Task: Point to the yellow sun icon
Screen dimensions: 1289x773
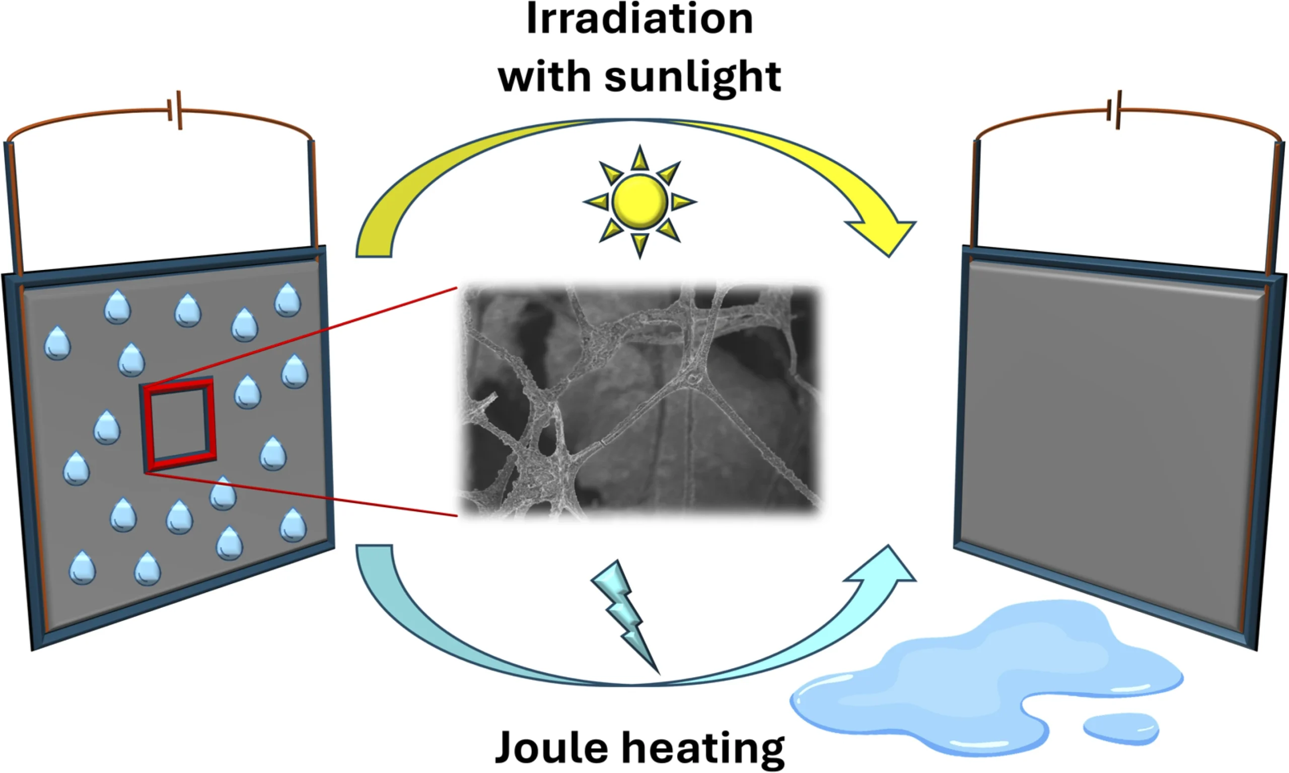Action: [x=639, y=202]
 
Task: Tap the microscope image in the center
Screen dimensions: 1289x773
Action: [x=639, y=401]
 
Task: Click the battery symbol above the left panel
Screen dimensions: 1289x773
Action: [x=175, y=110]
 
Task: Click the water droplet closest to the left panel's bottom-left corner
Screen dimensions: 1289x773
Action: [x=82, y=568]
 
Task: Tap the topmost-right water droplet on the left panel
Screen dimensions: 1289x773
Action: [x=288, y=300]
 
